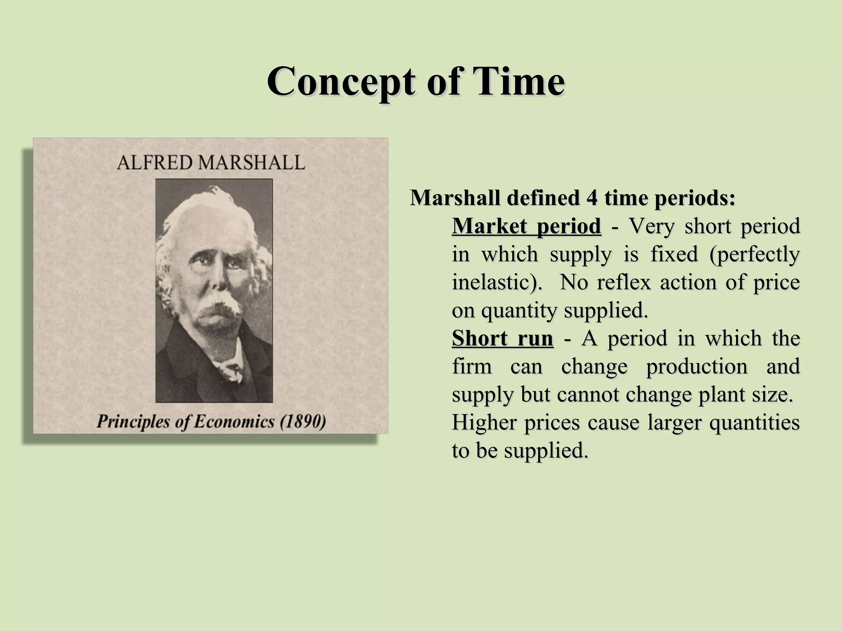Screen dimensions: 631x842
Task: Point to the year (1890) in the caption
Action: [303, 422]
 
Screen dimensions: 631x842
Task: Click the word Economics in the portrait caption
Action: [234, 422]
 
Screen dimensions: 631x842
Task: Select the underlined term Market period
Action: [526, 226]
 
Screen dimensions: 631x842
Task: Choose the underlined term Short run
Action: [502, 339]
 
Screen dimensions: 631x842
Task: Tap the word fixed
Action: [674, 254]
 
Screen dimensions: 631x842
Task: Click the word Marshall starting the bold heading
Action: [455, 198]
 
